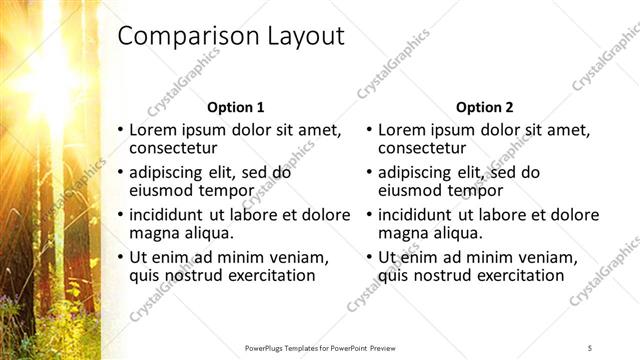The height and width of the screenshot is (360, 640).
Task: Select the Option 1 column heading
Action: point(236,107)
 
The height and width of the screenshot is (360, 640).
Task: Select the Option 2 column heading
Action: point(485,107)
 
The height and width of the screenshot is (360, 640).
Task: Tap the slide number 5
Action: point(590,347)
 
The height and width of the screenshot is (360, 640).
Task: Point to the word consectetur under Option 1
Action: point(176,149)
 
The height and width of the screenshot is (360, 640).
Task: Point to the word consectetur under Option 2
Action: point(426,149)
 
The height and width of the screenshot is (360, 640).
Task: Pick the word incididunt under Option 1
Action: point(173,214)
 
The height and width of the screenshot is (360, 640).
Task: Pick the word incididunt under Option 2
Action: point(423,214)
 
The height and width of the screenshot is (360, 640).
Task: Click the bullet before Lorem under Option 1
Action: point(121,131)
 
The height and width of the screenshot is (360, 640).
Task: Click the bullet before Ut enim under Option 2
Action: point(370,257)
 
